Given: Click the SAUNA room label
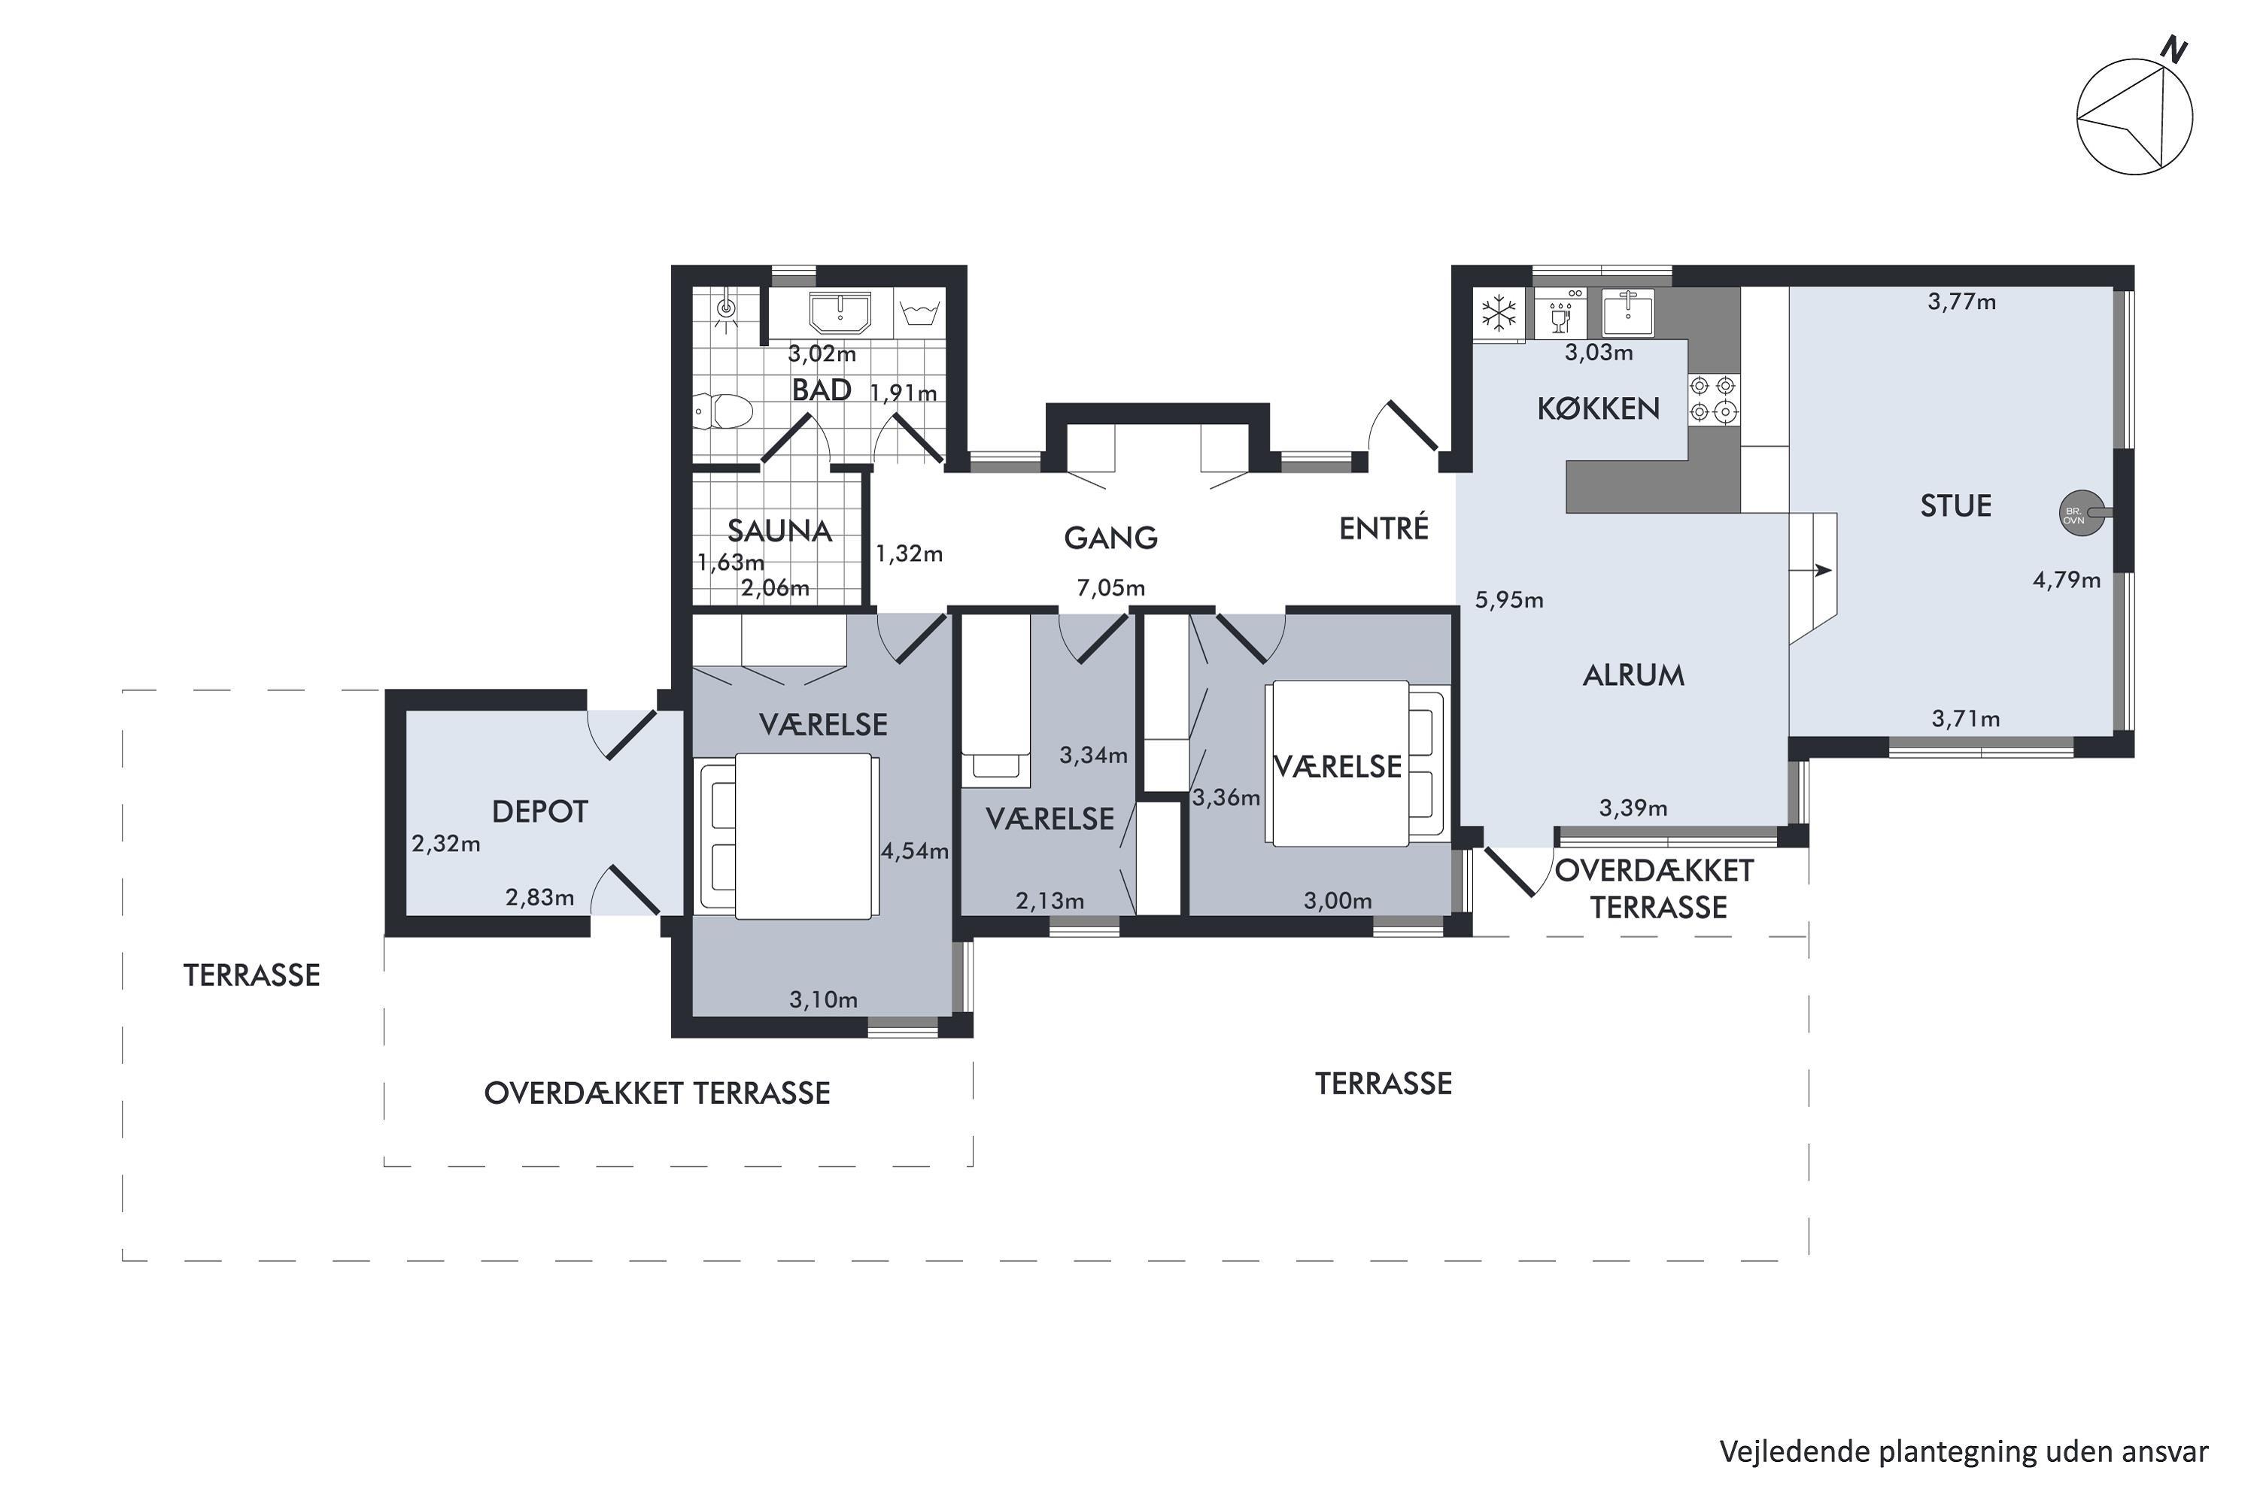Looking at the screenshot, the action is [x=779, y=530].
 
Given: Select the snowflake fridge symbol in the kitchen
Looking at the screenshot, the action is [x=1499, y=313].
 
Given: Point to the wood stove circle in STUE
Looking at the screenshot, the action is [x=2073, y=514].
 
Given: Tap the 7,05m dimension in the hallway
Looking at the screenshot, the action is [x=1111, y=587].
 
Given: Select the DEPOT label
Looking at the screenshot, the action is [x=539, y=811].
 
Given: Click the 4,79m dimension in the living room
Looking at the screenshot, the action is [x=2067, y=579].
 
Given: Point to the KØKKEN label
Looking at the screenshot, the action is [x=1599, y=408].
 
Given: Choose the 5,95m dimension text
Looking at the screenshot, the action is [x=1509, y=599].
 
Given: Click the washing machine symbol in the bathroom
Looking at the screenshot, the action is [x=919, y=312].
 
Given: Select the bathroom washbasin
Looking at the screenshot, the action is [x=840, y=313].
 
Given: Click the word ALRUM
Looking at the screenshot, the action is [x=1633, y=675].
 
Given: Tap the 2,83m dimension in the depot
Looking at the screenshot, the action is [x=540, y=897].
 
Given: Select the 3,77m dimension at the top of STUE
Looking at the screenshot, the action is [x=1962, y=302].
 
